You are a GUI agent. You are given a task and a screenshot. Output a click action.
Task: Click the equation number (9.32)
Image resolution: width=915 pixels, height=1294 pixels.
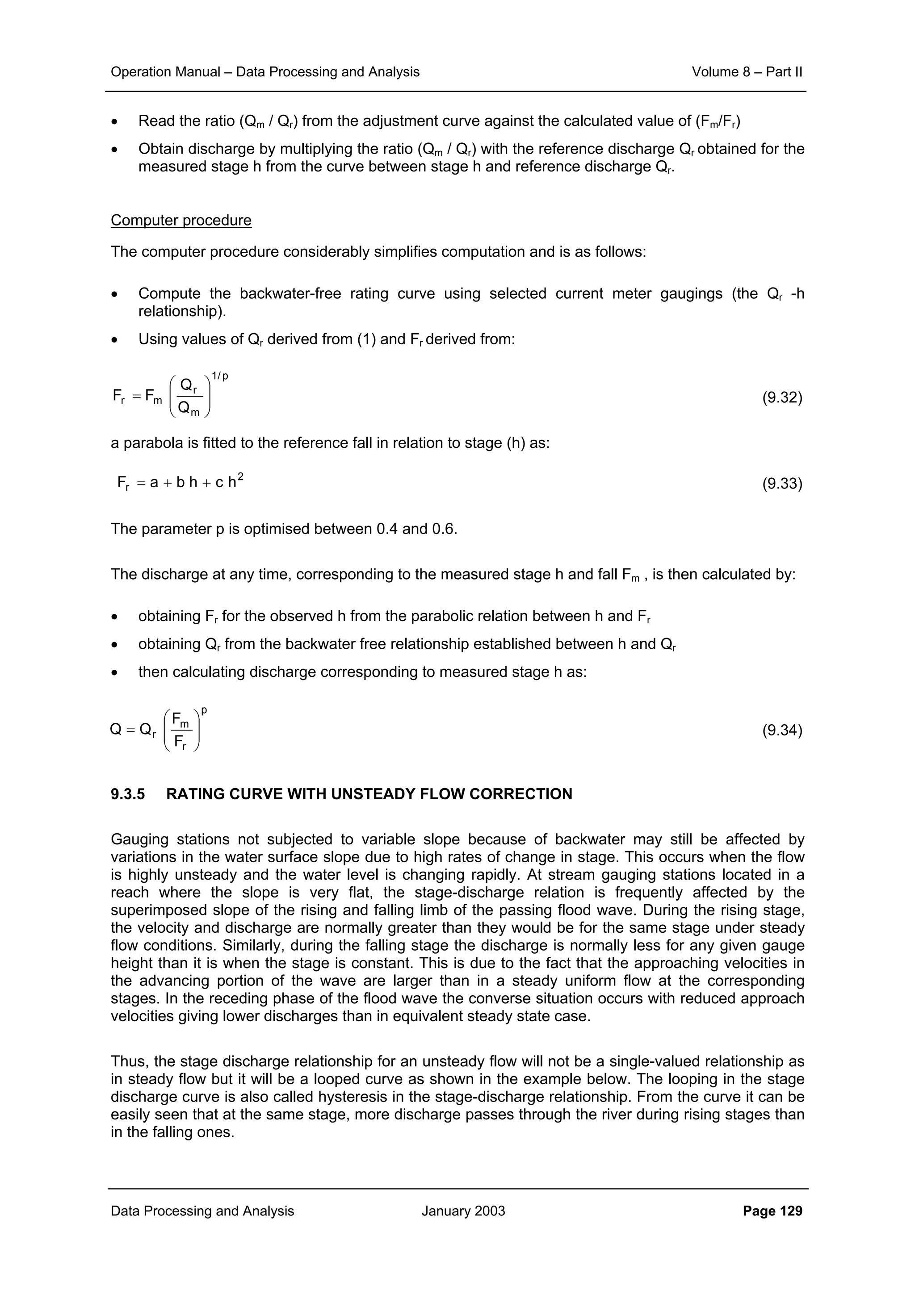(781, 398)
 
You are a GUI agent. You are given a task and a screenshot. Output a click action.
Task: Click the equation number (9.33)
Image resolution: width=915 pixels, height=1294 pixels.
(781, 484)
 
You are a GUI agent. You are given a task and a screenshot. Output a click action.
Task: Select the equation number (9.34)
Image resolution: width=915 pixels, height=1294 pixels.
(781, 730)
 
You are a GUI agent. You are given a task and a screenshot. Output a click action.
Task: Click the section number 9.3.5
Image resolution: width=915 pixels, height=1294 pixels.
(127, 794)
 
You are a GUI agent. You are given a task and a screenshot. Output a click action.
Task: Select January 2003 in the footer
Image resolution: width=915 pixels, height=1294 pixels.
(463, 1211)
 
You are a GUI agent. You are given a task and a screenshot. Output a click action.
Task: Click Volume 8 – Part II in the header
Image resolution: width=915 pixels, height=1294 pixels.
(747, 72)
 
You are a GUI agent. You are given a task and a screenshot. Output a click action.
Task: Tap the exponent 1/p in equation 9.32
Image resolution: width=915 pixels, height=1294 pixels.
(219, 376)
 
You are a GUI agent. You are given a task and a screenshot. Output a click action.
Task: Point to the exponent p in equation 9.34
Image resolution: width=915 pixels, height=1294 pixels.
(204, 711)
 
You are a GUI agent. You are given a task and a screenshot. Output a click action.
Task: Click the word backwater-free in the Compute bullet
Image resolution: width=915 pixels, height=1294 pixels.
(289, 294)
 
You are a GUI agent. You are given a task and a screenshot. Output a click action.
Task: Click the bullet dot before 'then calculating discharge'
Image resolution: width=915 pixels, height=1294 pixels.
(114, 673)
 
